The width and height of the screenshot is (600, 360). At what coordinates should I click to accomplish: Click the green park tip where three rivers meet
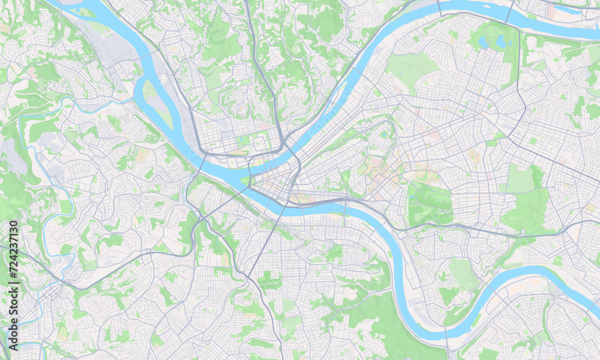coord(246,181)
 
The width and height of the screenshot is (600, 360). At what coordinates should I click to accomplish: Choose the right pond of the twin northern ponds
coord(500,41)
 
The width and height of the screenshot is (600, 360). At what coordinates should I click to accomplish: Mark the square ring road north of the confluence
coord(258,143)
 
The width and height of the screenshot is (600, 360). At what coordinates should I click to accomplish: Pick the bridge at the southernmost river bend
coord(446,340)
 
